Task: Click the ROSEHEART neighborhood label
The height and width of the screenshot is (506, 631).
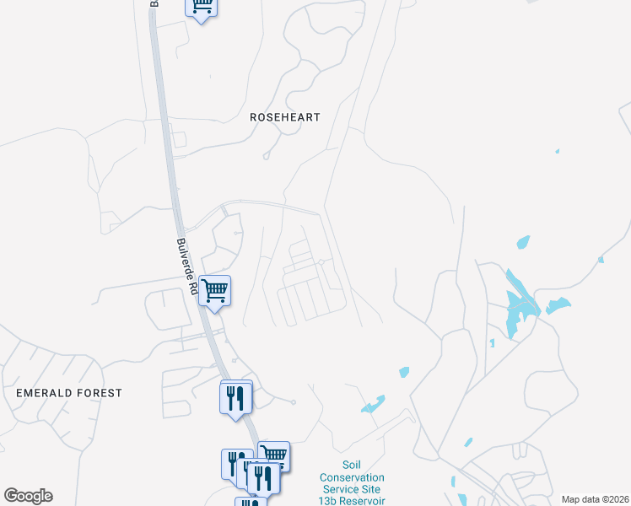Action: tap(285, 117)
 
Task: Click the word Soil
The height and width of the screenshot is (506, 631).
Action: tap(351, 465)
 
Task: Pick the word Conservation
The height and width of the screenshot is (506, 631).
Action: tap(351, 477)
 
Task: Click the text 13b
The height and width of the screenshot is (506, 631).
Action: tap(327, 501)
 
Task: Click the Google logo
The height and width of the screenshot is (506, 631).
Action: tap(28, 496)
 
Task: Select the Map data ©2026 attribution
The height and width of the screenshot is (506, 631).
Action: tap(595, 499)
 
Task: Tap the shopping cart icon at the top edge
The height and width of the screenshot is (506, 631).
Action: tap(201, 6)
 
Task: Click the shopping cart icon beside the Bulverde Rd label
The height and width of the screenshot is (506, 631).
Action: tap(215, 291)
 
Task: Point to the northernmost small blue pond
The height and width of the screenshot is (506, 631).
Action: tap(557, 152)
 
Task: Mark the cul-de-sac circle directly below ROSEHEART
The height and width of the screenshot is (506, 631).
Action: tap(266, 156)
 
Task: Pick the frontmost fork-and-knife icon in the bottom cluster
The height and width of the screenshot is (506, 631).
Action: tap(267, 478)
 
